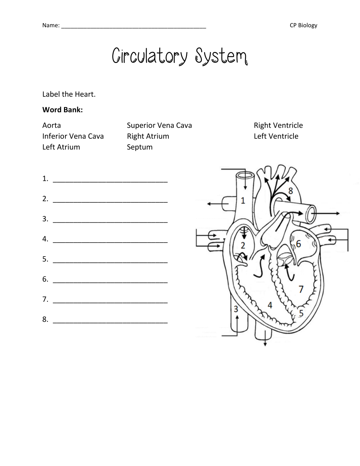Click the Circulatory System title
pyautogui.click(x=180, y=56)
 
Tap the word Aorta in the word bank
pyautogui.click(x=51, y=125)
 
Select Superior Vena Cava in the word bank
pyautogui.click(x=159, y=125)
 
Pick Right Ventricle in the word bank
pyautogui.click(x=278, y=125)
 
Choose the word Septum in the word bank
pyautogui.click(x=139, y=147)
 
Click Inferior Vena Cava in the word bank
pyautogui.click(x=73, y=136)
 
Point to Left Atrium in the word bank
pyautogui.click(x=61, y=147)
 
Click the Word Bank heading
pyautogui.click(x=63, y=110)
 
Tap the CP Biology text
pyautogui.click(x=303, y=25)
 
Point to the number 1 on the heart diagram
pyautogui.click(x=243, y=201)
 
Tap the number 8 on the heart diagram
pyautogui.click(x=291, y=191)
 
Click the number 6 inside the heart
pyautogui.click(x=298, y=244)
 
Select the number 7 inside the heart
pyautogui.click(x=301, y=289)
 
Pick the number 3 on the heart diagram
pyautogui.click(x=236, y=309)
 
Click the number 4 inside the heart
pyautogui.click(x=270, y=305)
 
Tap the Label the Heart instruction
pyautogui.click(x=69, y=94)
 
